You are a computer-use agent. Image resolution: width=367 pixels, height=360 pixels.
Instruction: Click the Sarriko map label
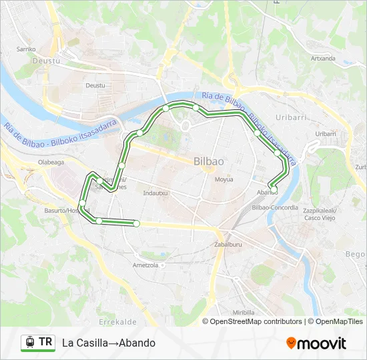click(26, 49)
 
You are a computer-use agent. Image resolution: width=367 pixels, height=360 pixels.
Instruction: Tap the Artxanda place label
click(323, 58)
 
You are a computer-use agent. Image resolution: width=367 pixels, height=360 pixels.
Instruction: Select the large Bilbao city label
click(208, 161)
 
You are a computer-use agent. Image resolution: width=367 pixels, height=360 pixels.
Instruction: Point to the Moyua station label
click(223, 179)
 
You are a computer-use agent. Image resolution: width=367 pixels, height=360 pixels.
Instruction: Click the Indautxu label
click(155, 193)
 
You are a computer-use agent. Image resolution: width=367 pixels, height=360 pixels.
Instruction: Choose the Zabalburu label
click(228, 245)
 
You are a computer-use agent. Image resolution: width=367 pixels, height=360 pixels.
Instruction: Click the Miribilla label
click(244, 312)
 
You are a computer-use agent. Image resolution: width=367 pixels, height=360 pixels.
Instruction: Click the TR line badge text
click(45, 343)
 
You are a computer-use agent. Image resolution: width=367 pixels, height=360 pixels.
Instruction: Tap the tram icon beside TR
click(29, 343)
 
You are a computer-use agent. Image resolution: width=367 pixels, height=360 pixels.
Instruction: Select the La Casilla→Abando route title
click(108, 343)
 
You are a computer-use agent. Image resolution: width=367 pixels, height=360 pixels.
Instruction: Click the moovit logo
click(316, 343)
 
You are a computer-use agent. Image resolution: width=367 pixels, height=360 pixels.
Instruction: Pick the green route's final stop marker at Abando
click(270, 186)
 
